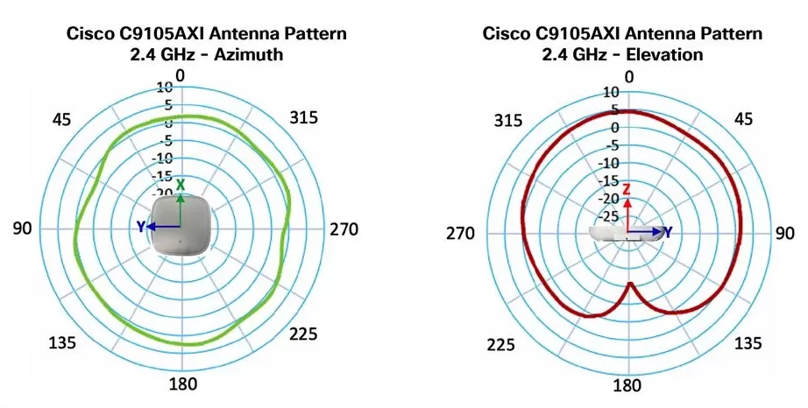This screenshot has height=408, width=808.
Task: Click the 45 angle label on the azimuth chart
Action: coord(61,120)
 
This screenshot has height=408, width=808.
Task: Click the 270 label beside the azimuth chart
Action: coord(344,229)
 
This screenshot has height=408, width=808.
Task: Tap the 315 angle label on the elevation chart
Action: coord(509,119)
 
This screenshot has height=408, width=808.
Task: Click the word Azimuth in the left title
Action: coord(244,55)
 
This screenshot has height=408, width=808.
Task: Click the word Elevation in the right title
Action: coord(670,54)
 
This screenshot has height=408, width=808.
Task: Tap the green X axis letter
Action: coord(181,185)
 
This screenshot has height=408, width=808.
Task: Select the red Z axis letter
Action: coord(627,189)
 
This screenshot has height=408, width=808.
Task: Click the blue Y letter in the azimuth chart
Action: coord(140,227)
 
